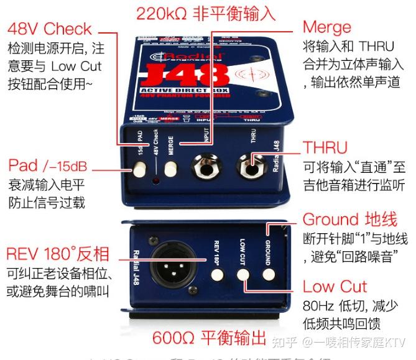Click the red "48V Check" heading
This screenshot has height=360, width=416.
[49, 29]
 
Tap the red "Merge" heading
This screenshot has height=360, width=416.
[326, 27]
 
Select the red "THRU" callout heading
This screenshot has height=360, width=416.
[325, 148]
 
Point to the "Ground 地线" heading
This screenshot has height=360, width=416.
[349, 219]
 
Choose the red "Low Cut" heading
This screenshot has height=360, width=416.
[335, 287]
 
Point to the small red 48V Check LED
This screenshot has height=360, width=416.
[155, 182]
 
